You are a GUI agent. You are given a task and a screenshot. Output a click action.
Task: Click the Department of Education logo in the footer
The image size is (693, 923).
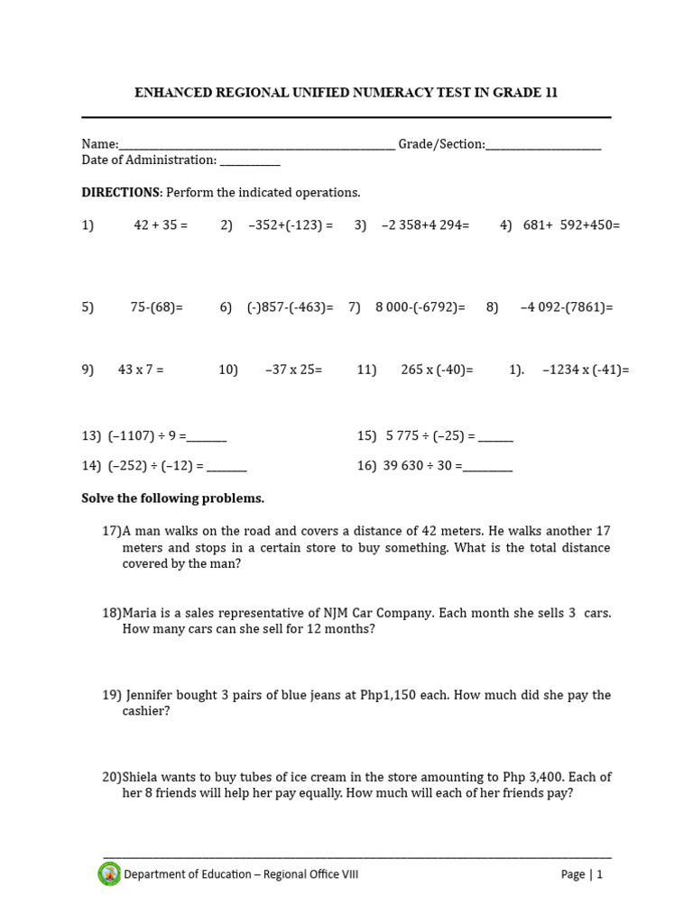coord(109,873)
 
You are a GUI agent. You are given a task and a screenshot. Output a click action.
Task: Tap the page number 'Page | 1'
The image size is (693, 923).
coord(581,874)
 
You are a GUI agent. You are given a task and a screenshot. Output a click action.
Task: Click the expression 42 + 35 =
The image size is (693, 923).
coord(161,225)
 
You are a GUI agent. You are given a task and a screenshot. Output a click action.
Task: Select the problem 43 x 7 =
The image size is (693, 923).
coord(141,370)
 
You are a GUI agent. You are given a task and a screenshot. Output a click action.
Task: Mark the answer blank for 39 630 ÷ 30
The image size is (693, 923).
coord(487,468)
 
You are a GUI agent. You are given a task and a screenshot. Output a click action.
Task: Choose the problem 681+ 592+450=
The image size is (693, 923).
coord(571,225)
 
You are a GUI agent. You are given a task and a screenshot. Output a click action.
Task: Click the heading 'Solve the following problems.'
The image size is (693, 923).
coord(172,498)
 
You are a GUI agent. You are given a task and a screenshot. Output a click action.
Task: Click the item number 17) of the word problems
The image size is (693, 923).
coord(112,531)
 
